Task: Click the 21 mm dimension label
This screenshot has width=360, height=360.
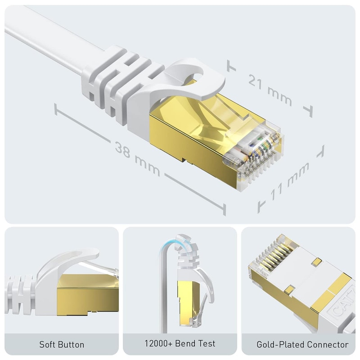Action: click(x=270, y=89)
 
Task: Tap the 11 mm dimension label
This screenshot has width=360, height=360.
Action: click(x=290, y=181)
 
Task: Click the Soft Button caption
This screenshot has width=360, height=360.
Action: click(x=62, y=345)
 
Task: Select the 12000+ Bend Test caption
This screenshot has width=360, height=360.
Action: click(x=180, y=344)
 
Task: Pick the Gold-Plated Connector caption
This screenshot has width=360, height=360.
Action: click(x=302, y=345)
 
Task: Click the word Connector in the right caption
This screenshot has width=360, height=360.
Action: click(x=328, y=345)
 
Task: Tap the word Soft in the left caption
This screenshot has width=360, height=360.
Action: click(x=47, y=345)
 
